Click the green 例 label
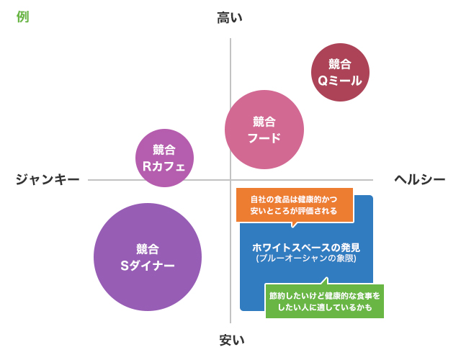22,17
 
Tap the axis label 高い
230,18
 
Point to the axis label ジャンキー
47,180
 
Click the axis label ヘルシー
419,180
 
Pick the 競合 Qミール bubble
340,73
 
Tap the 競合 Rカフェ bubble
164,158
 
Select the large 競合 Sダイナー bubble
147,257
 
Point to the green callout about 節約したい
324,302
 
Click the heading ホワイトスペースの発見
306,247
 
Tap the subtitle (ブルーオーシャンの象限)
306,258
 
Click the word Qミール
340,81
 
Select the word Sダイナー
147,265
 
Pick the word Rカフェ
164,166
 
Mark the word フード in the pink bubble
264,138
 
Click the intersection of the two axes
230,180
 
